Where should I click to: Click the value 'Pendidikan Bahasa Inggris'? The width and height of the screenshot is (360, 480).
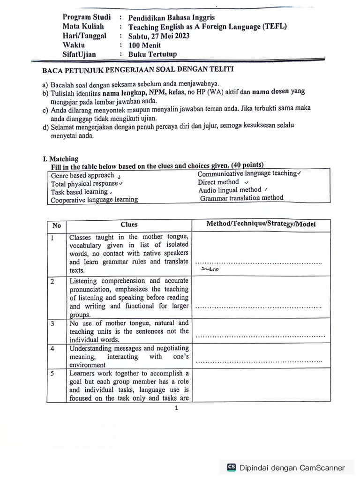point(172,17)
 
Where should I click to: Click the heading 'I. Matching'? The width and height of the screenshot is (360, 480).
point(60,158)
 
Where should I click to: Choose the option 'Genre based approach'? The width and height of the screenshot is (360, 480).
point(82,175)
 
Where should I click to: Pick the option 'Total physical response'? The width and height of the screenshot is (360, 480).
point(84,184)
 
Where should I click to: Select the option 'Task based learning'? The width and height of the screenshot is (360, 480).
point(79,192)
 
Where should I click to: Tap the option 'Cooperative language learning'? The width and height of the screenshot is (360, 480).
point(94,200)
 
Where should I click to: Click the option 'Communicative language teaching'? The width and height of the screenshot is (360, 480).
point(247,174)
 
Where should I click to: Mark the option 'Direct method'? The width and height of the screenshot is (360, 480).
point(218,182)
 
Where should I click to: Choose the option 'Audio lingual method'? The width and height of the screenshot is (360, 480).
point(230,190)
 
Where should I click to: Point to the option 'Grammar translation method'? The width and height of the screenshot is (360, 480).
point(241,198)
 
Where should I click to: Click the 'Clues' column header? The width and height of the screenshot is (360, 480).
point(129,225)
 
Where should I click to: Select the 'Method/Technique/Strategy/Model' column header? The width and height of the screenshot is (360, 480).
point(261,224)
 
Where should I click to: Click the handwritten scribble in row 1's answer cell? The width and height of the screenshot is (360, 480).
point(209,270)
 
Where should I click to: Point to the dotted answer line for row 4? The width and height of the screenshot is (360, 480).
point(258,362)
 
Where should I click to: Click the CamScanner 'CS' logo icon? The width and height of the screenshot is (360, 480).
point(232,467)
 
